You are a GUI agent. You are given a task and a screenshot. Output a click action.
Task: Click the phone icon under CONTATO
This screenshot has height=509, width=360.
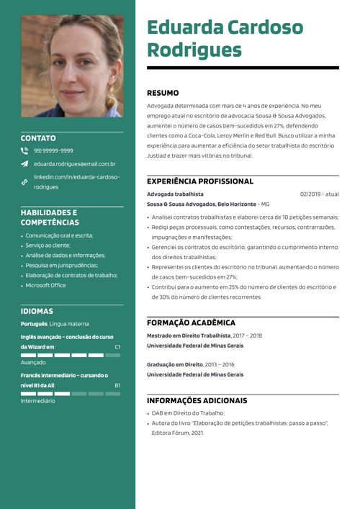pos(24,151)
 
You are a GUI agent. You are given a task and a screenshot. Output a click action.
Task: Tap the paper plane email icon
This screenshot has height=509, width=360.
pos(24,164)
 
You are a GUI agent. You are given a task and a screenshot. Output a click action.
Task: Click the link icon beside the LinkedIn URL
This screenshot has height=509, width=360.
pos(24,182)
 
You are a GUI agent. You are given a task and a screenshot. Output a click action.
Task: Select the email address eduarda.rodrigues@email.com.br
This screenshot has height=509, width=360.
pos(75,164)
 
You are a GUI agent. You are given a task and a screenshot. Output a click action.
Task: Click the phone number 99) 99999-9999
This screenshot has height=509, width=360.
pos(53,151)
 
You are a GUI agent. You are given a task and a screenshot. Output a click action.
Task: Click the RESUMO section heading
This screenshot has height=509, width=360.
pos(163,93)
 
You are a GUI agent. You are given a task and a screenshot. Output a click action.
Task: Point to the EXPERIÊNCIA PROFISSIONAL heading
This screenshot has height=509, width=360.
pos(200,181)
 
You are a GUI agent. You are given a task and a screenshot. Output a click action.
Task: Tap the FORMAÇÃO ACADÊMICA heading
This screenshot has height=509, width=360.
pos(191,323)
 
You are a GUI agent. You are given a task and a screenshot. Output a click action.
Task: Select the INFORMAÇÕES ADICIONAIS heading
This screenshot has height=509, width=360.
pos(197,400)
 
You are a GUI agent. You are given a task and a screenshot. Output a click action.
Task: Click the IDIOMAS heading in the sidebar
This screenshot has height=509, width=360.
pos(37,312)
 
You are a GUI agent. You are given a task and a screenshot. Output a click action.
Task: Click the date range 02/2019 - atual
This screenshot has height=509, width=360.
pos(319,194)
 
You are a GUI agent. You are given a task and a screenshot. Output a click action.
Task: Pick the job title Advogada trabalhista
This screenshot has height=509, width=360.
pos(175,194)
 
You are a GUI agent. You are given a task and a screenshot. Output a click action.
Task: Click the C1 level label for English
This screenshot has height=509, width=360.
pos(117,347)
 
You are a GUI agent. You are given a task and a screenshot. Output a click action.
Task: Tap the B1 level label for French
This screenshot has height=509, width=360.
pos(117,385)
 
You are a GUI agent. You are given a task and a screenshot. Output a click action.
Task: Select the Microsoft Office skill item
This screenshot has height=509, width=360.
pos(45,285)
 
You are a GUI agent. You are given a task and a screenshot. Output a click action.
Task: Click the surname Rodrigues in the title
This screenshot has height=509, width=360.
pos(194,50)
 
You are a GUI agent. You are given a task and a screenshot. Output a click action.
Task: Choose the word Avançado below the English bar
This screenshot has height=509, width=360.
pos(33,363)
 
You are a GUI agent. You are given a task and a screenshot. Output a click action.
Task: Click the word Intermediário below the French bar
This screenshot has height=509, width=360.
pos(37,401)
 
